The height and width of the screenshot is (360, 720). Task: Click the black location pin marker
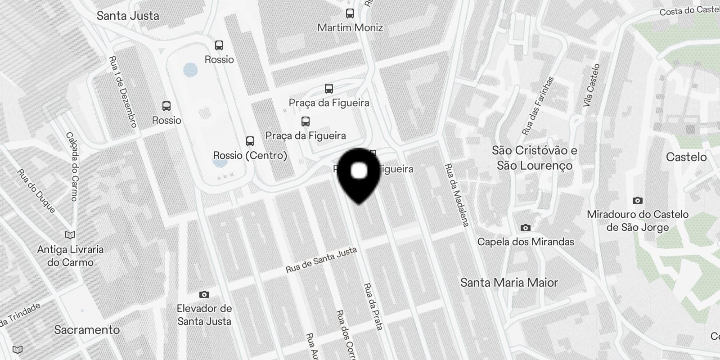[x=359, y=173]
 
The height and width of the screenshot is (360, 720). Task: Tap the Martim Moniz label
[x=350, y=27]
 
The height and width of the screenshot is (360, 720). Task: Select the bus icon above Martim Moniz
[x=350, y=13]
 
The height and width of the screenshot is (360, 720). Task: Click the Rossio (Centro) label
[x=250, y=155]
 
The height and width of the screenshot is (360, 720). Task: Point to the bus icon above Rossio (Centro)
[x=250, y=141]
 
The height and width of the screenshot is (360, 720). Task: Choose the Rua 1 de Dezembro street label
[x=123, y=91]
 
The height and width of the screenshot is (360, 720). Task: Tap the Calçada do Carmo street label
[x=72, y=166]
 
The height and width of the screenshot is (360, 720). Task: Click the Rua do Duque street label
[x=36, y=191]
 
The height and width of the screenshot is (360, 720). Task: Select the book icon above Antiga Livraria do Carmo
[x=70, y=235]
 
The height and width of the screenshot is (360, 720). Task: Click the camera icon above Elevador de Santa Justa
[x=204, y=295]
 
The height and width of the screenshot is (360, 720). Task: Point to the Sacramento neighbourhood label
[x=87, y=330]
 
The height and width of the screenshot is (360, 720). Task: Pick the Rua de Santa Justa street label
[x=321, y=260]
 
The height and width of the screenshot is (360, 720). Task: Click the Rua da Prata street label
[x=373, y=307]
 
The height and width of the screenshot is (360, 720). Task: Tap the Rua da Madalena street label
[x=457, y=195]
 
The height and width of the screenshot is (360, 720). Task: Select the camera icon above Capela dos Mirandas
[x=525, y=228]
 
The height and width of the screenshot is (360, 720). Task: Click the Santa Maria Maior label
[x=509, y=283]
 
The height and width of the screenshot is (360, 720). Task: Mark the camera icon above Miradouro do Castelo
[x=638, y=200]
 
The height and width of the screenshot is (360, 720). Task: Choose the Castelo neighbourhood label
[x=686, y=157]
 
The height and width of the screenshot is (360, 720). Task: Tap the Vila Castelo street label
[x=591, y=85]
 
